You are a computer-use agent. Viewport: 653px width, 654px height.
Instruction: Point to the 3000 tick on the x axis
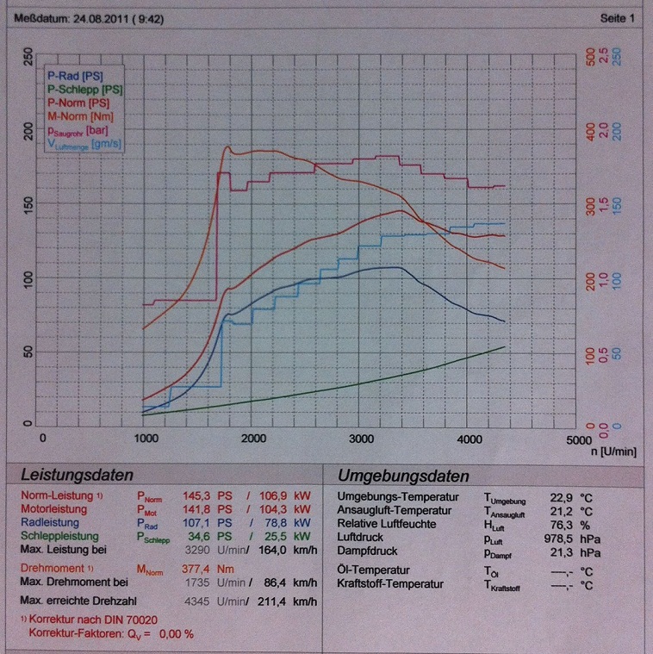click(x=361, y=438)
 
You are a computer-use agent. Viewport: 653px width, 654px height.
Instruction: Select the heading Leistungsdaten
click(x=78, y=475)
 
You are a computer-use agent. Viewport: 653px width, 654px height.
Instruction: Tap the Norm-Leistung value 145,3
click(x=196, y=497)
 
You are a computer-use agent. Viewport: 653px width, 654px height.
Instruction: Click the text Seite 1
click(x=617, y=17)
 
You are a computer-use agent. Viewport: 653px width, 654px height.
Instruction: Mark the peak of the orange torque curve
click(x=228, y=147)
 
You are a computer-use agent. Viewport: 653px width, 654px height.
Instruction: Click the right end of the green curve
click(x=505, y=347)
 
